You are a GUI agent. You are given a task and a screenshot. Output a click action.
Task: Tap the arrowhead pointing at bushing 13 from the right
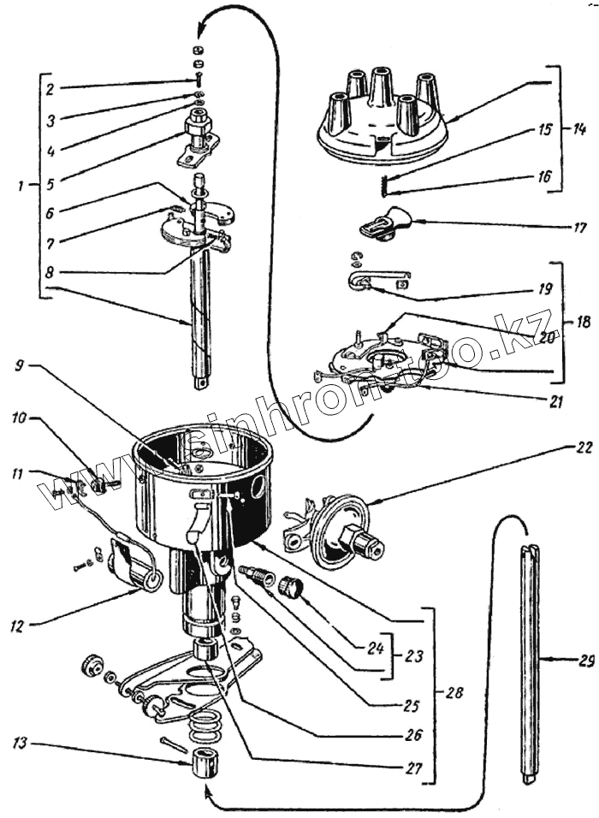[x=205, y=792]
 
